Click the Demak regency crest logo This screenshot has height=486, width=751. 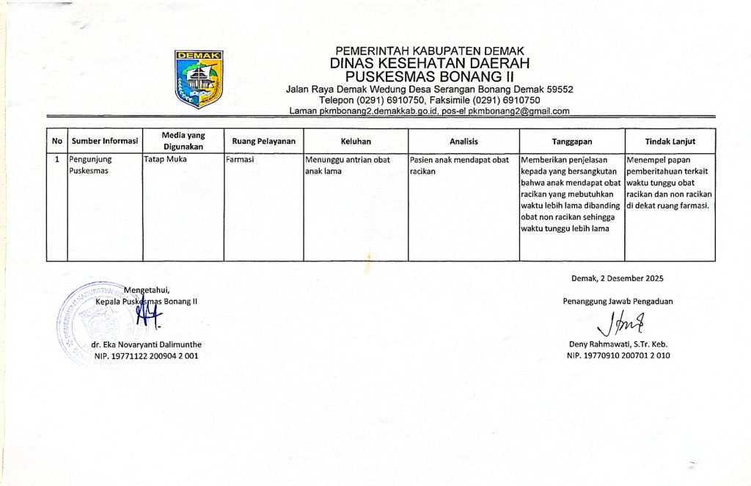[199, 79]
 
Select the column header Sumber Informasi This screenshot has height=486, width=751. [105, 141]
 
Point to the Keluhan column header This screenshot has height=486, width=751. [356, 141]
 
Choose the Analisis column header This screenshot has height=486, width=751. [464, 141]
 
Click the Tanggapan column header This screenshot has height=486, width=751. [572, 141]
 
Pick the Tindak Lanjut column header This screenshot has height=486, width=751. [670, 141]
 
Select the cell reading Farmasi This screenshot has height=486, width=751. [241, 159]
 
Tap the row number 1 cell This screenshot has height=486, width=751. [57, 159]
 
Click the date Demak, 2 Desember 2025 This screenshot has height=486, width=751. [617, 278]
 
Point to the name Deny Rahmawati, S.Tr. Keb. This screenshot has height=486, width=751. [618, 344]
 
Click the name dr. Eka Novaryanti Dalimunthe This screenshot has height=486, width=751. [146, 344]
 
